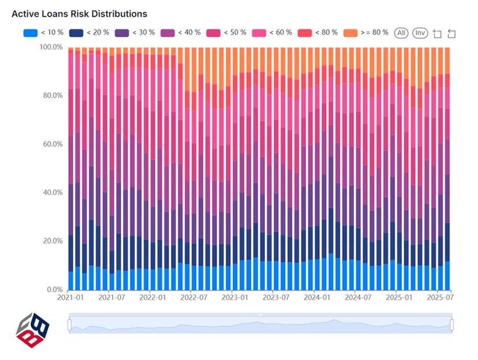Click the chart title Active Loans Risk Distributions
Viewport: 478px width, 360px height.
(79, 13)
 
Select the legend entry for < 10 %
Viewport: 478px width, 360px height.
(43, 32)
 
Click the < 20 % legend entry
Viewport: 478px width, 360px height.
(89, 32)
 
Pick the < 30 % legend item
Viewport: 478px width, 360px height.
(135, 32)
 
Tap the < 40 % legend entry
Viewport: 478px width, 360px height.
(180, 32)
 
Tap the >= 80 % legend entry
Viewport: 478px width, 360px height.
(365, 32)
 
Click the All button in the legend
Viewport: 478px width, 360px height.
(401, 33)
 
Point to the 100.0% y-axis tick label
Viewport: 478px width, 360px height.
(51, 47)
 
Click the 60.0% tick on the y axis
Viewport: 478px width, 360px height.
(52, 144)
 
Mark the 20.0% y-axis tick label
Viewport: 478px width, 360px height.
(52, 241)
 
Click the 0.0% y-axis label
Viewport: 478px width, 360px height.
(54, 290)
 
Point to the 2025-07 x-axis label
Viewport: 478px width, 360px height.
(439, 298)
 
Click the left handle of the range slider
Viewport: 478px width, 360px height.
(69, 325)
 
